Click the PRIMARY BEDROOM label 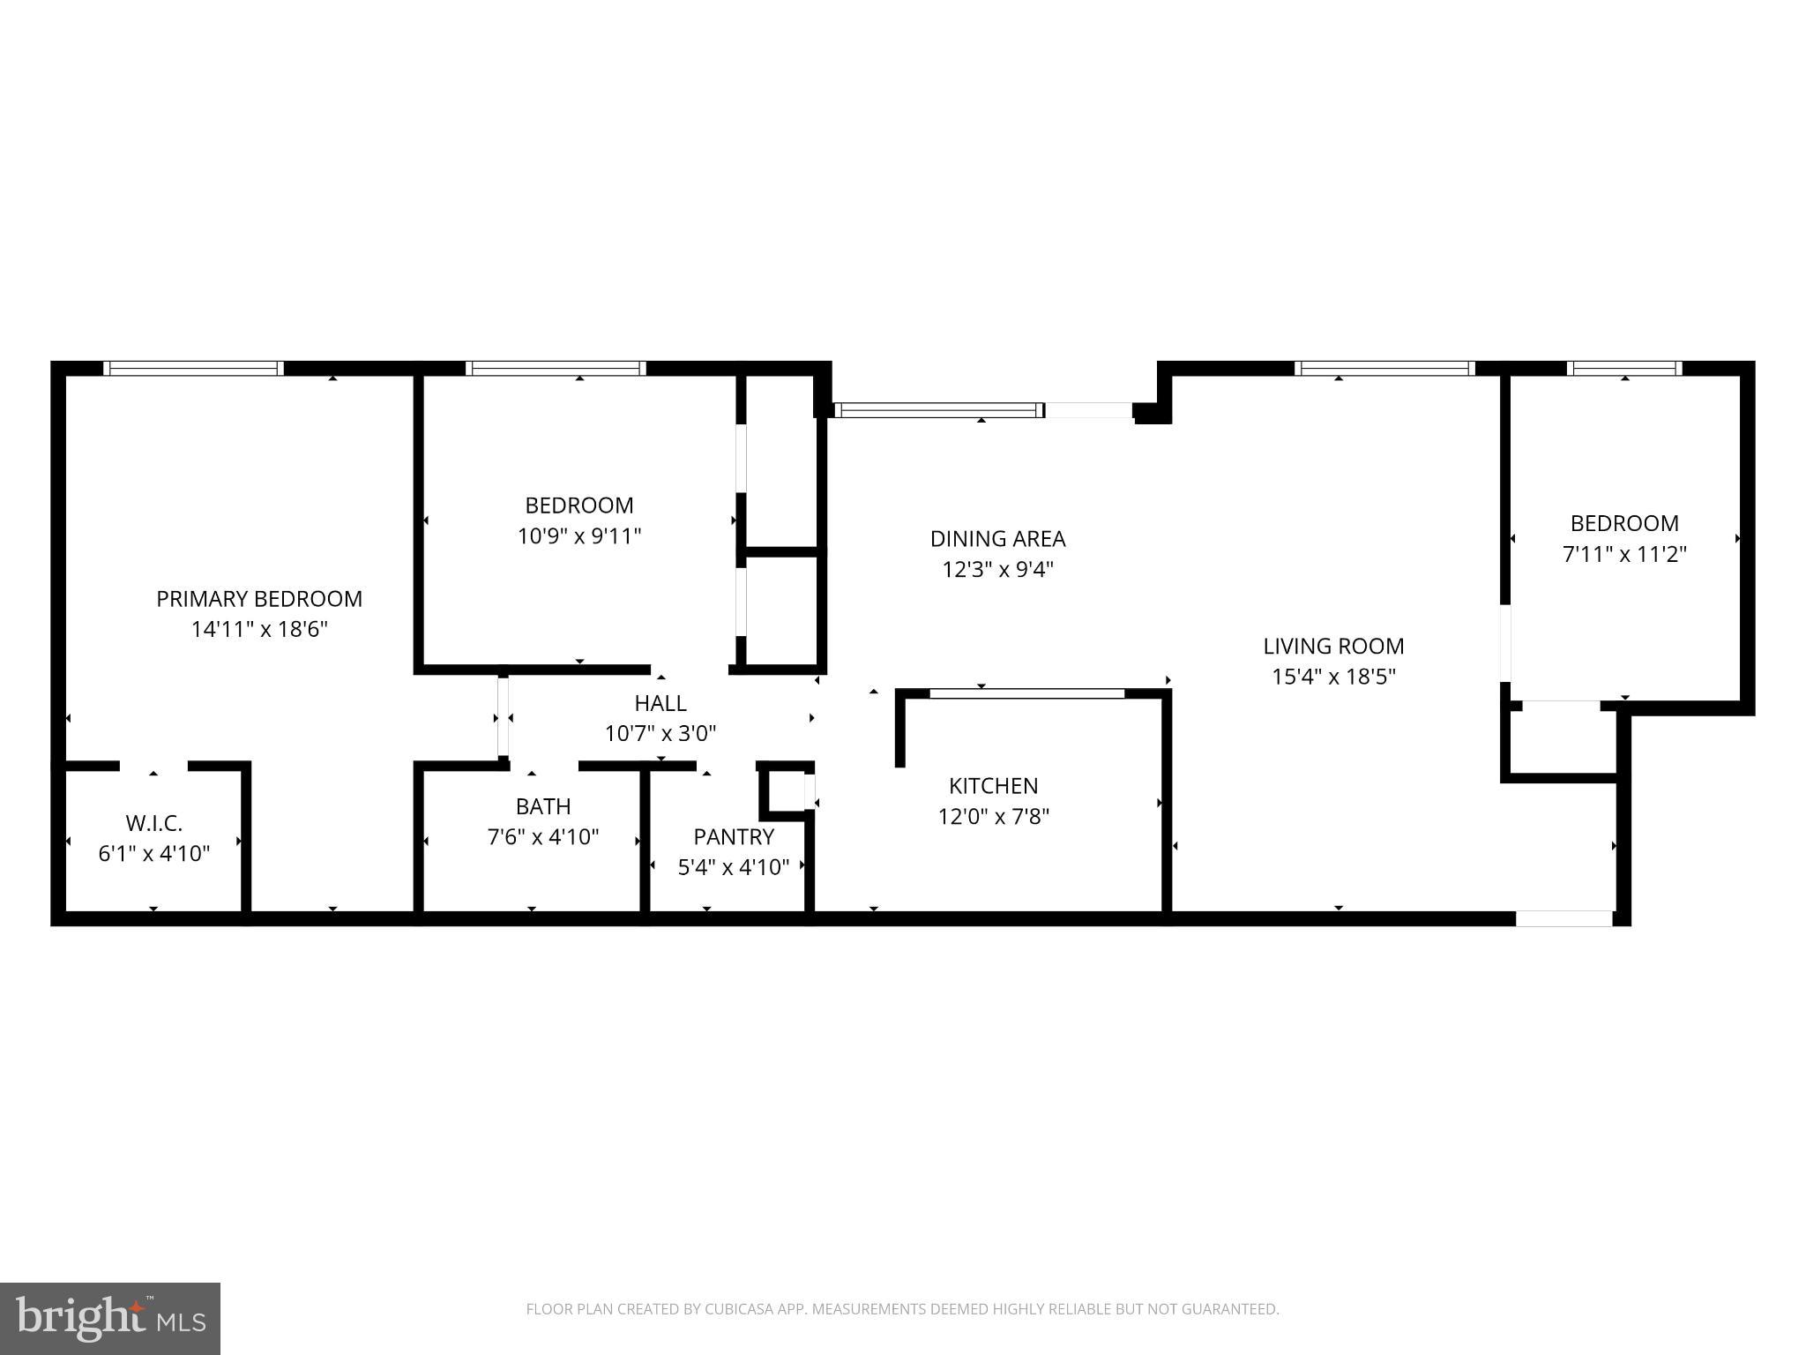tap(259, 599)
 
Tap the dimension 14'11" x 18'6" tap(259, 630)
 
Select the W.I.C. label tap(154, 823)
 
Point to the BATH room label tap(543, 806)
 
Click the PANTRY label tap(734, 836)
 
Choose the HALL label tap(660, 703)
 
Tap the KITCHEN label tap(993, 785)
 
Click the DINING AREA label tap(997, 538)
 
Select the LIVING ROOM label tap(1333, 646)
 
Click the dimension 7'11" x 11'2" tap(1624, 554)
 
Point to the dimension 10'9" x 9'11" tap(579, 536)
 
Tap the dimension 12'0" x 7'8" tap(993, 816)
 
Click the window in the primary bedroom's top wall tap(193, 369)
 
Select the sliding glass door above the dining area tap(939, 410)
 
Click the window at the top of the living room tap(1384, 369)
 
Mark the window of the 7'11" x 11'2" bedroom tap(1624, 369)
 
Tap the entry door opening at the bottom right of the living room tap(1563, 918)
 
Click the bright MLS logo tap(110, 1318)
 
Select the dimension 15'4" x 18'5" tap(1333, 677)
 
